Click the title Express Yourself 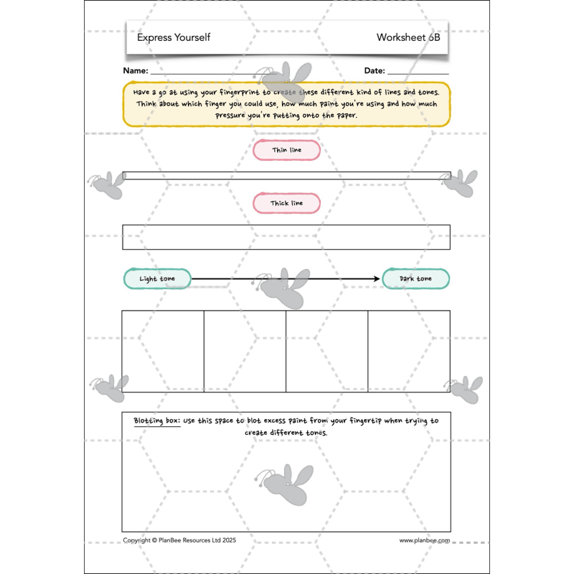point(174,37)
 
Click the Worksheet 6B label point(408,37)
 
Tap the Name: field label point(136,71)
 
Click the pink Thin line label point(286,151)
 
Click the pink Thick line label point(286,204)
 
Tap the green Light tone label point(157,279)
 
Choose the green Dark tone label point(415,279)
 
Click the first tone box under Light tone point(163,352)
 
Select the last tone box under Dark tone point(409,352)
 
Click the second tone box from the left point(245,352)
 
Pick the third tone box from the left point(327,352)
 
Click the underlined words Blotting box point(156,421)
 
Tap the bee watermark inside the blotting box point(285,481)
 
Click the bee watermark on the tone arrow point(283,284)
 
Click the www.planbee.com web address point(424,540)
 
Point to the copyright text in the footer point(179,540)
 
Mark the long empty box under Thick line point(286,237)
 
